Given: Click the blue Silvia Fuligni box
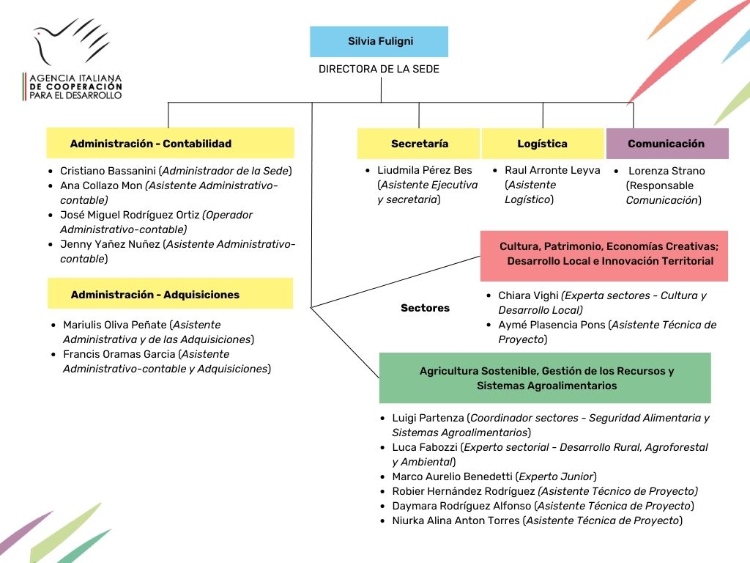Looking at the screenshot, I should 379,42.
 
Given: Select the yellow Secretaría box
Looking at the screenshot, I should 419,144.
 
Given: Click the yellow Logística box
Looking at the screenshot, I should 542,144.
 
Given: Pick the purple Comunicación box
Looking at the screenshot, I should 667,144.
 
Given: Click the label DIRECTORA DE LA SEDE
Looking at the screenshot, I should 379,69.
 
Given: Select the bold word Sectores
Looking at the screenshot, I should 425,308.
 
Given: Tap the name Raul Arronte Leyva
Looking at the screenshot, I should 552,170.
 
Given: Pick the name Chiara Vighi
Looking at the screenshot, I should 528,295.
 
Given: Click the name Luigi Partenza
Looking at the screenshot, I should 428,418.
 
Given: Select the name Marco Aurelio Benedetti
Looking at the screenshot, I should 453,476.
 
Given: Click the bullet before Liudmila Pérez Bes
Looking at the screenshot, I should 369,171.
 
